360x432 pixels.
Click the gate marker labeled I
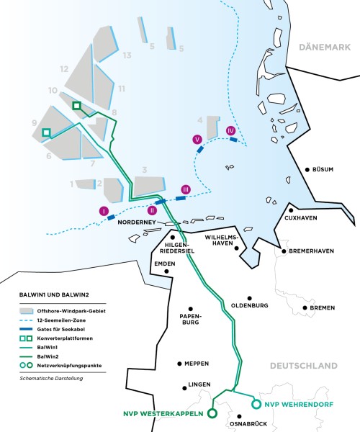tap(104, 211)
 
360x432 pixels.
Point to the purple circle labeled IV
tap(230, 130)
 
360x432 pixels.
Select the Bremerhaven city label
tap(312, 251)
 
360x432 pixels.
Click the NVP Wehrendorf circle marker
tap(256, 404)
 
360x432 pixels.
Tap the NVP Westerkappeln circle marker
tap(212, 414)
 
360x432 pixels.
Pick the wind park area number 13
tap(127, 55)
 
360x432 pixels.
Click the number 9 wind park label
tap(34, 124)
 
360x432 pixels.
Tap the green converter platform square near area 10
tap(77, 106)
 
